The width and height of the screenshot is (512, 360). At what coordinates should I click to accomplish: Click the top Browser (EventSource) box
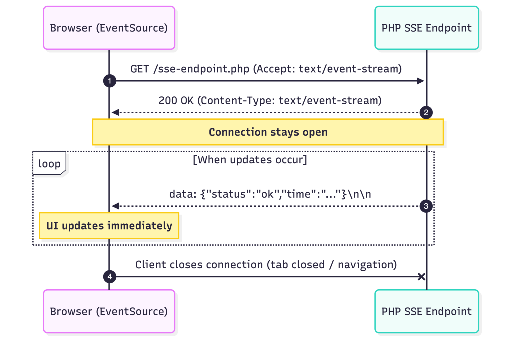point(109,28)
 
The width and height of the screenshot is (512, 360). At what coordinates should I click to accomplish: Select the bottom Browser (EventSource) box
point(109,311)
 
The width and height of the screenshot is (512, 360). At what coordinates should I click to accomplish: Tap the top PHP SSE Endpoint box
point(426,28)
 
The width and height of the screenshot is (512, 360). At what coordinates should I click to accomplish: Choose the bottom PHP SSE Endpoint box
point(426,311)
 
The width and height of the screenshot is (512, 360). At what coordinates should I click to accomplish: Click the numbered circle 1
point(109,81)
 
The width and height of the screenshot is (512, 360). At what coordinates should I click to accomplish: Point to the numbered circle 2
point(426,112)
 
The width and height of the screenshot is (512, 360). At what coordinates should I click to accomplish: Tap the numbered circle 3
point(426,206)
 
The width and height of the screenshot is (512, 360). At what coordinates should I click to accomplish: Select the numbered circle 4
point(109,277)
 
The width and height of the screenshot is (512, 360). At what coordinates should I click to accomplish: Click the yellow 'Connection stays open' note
point(268,132)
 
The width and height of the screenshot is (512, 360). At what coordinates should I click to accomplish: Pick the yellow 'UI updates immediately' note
point(109,225)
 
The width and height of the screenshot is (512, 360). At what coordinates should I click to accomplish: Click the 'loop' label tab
point(49,164)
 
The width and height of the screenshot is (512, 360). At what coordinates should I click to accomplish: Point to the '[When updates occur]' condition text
point(250,160)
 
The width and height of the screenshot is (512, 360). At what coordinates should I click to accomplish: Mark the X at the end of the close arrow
point(422,277)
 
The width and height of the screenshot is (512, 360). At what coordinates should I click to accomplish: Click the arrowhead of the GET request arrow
point(421,81)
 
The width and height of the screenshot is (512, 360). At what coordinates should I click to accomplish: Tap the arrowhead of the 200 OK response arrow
point(115,112)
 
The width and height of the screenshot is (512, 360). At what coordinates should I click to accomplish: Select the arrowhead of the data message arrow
point(115,206)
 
